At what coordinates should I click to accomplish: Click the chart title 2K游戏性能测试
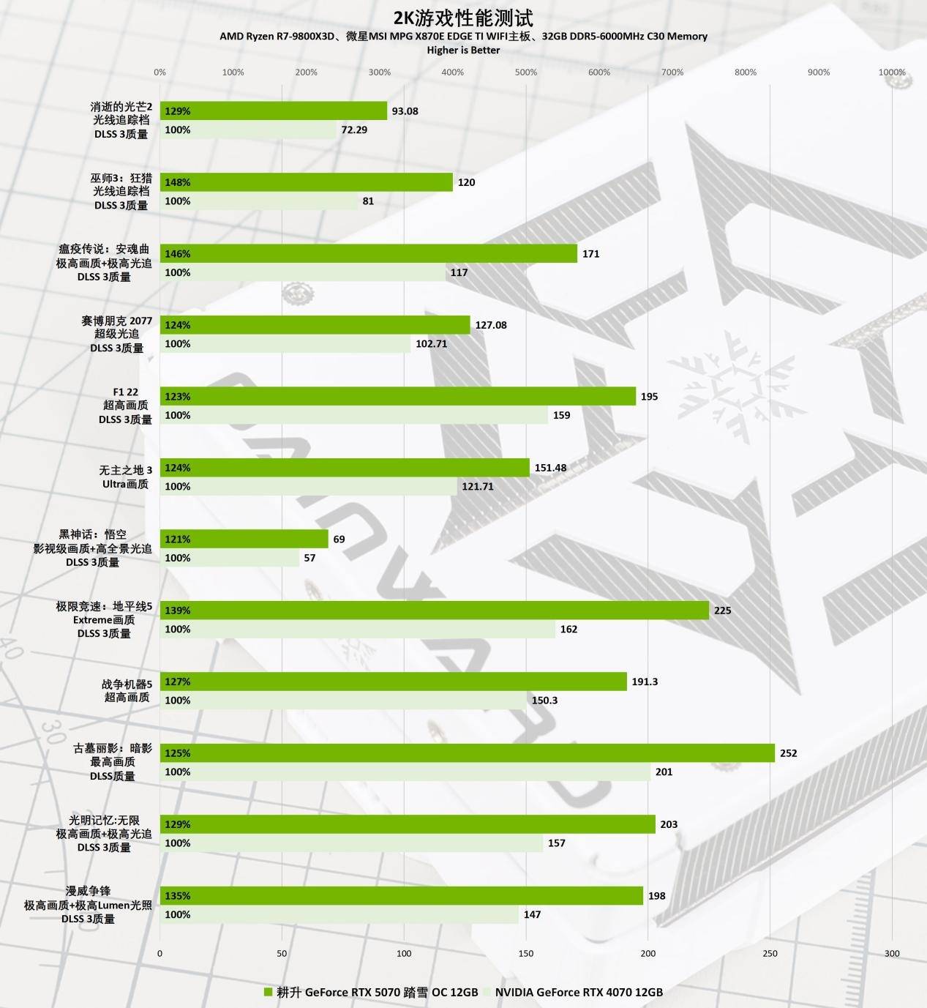tap(463, 18)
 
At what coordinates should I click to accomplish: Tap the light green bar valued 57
tap(230, 558)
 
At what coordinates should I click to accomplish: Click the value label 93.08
tap(405, 111)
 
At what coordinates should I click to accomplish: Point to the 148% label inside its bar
tap(177, 182)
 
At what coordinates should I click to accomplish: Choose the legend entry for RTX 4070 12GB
tap(578, 992)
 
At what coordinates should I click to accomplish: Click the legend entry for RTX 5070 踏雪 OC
tap(377, 992)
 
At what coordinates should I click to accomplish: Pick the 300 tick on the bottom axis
tap(892, 953)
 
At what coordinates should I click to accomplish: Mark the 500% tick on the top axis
tap(525, 72)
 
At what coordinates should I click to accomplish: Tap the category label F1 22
tap(125, 392)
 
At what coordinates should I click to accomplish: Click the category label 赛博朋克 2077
tap(117, 321)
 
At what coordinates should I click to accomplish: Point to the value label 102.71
tap(431, 344)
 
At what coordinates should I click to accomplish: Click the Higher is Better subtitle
tap(463, 50)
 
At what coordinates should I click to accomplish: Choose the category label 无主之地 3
tap(126, 470)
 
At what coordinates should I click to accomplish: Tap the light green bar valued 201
tap(405, 772)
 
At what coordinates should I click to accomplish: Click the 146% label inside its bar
tap(177, 254)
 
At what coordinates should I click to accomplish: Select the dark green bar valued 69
tap(244, 539)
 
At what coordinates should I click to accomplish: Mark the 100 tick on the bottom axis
tap(404, 953)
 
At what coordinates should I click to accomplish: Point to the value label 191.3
tap(645, 682)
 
